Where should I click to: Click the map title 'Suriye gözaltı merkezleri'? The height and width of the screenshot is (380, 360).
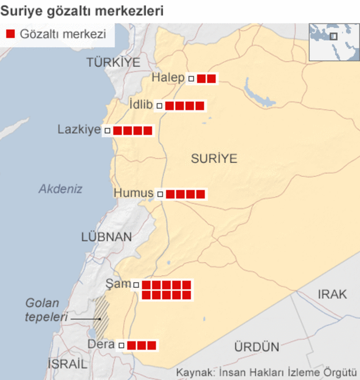click(82, 10)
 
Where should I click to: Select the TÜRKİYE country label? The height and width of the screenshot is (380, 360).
click(113, 62)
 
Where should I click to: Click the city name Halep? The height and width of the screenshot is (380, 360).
click(168, 78)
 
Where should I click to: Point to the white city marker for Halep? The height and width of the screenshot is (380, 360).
click(191, 79)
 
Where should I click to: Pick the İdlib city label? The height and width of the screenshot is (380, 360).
click(141, 104)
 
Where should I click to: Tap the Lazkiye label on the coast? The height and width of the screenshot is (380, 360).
click(79, 130)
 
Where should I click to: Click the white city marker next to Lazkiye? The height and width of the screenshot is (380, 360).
click(107, 131)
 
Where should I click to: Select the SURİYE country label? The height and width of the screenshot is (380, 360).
click(214, 158)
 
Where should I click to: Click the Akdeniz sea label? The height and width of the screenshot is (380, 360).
click(60, 189)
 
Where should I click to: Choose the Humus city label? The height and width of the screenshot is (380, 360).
click(134, 193)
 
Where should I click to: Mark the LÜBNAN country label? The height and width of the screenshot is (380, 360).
click(107, 237)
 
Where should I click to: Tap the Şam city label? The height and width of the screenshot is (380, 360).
click(119, 283)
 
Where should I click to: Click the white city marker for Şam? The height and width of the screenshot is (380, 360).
click(136, 285)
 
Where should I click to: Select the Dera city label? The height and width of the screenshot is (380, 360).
click(101, 344)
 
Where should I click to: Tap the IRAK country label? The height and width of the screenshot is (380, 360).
click(332, 294)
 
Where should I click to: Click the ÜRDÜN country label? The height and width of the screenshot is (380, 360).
click(256, 347)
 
